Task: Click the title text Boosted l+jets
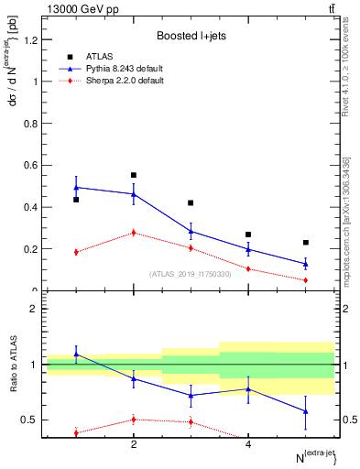click(x=191, y=36)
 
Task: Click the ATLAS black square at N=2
click(x=134, y=175)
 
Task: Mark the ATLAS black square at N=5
click(x=306, y=243)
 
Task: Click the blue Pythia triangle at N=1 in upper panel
click(x=76, y=187)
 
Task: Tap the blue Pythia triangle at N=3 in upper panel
click(x=191, y=231)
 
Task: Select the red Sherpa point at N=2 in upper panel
click(x=134, y=233)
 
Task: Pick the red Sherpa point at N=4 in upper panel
click(x=248, y=268)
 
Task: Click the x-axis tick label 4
click(x=248, y=444)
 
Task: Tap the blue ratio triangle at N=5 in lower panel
click(x=306, y=411)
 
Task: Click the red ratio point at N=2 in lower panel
click(x=134, y=420)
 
